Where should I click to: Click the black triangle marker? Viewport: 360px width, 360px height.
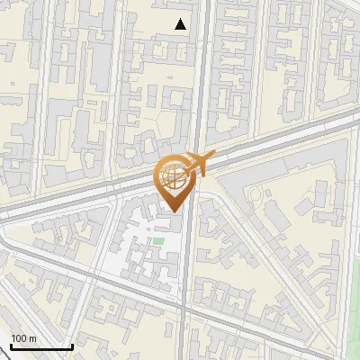point(181,24)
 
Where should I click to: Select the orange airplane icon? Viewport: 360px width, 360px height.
point(201,163)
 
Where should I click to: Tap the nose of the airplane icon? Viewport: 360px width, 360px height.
point(215,156)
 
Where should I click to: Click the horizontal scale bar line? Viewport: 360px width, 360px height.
point(40,346)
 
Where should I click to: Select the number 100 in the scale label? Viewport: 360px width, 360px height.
point(18,338)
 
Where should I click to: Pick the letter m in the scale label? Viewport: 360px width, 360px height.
point(32,338)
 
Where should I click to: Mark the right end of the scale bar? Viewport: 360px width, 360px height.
point(71,346)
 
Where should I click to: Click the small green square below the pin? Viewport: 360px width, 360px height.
point(158,240)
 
